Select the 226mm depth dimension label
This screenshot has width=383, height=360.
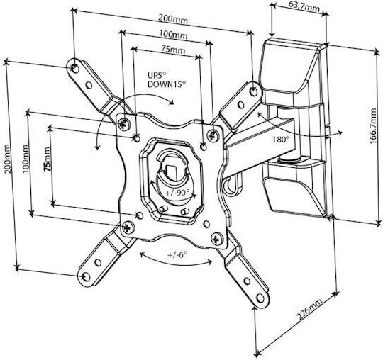(x=310, y=309)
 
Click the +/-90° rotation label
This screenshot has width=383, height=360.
(x=177, y=193)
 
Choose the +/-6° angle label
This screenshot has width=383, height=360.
(x=177, y=254)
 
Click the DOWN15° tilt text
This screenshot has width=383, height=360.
(x=167, y=84)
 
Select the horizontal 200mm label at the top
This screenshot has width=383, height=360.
(x=173, y=19)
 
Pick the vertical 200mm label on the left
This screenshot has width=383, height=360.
(x=8, y=159)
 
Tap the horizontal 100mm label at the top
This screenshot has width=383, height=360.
(x=174, y=35)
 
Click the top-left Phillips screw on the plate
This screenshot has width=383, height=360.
(x=124, y=124)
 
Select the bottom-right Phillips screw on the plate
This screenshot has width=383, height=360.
(x=217, y=239)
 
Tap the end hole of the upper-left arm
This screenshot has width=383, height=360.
(x=75, y=68)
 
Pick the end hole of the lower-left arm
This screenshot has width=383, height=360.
(x=86, y=276)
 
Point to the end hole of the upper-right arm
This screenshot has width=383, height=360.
(x=254, y=91)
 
